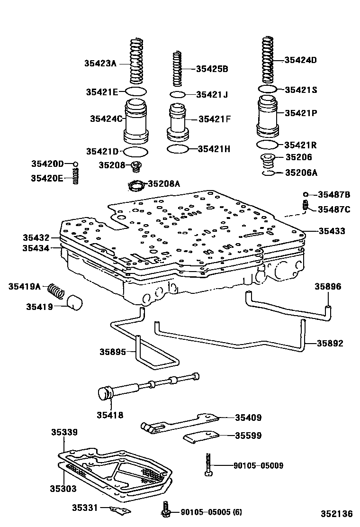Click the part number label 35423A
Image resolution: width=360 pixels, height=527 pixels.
tap(100, 63)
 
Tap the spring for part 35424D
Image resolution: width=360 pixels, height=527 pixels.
tap(268, 59)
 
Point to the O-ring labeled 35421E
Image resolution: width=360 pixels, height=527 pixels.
tap(136, 91)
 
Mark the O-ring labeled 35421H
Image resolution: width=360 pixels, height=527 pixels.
tap(178, 149)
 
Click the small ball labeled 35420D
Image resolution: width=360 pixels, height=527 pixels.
tap(75, 164)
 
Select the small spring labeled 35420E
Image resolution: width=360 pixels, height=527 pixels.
tap(75, 177)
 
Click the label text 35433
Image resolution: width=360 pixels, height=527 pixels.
tap(332, 231)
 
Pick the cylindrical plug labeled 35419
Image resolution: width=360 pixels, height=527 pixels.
tap(73, 302)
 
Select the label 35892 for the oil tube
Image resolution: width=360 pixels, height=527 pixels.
tap(330, 343)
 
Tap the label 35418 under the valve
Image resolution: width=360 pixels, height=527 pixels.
tap(110, 415)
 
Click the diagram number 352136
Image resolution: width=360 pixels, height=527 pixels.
tap(336, 514)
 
